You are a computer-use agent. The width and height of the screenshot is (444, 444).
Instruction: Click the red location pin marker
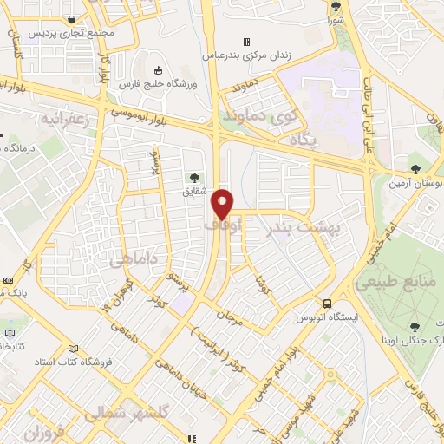point(223,203)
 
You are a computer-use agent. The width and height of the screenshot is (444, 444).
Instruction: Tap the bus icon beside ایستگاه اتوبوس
point(327,304)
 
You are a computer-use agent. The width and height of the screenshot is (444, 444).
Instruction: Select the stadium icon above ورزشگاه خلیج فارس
point(156,70)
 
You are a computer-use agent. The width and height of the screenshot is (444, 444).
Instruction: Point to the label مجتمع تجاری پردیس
point(65,33)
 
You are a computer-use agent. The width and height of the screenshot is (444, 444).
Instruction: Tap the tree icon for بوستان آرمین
point(415,168)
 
